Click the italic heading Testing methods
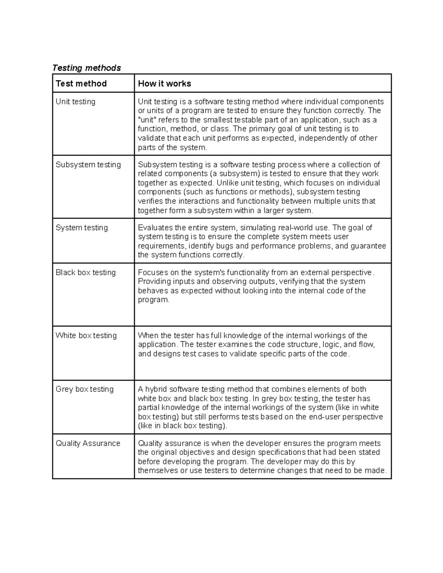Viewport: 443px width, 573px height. point(86,68)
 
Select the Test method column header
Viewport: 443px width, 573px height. point(81,84)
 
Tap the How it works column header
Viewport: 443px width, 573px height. point(164,84)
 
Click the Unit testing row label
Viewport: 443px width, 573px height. point(75,101)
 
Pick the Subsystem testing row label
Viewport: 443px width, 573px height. point(88,165)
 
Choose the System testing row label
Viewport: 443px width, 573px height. point(82,228)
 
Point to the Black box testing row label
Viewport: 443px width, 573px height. point(86,272)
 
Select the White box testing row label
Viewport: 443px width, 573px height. point(86,335)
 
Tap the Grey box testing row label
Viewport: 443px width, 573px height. point(85,389)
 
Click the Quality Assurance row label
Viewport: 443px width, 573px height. point(88,443)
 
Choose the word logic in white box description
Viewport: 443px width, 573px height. point(332,345)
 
